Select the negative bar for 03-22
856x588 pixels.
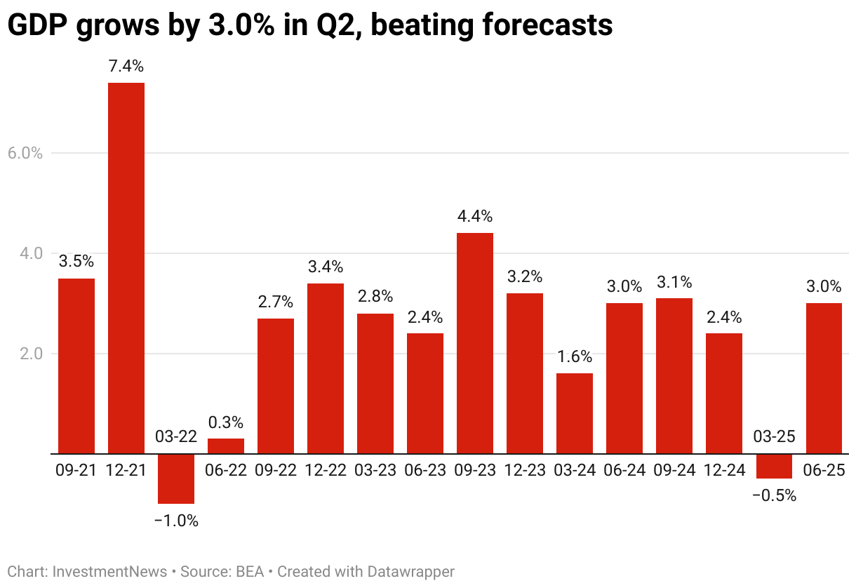click(176, 479)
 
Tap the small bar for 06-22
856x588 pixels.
click(226, 446)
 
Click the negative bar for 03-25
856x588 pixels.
click(775, 466)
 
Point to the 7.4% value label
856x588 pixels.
click(126, 67)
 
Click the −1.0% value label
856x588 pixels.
click(176, 521)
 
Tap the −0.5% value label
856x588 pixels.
click(775, 495)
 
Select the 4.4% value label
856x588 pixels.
click(475, 216)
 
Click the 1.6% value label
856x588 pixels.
click(575, 356)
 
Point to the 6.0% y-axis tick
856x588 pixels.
click(26, 153)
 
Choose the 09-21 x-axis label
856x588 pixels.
click(76, 470)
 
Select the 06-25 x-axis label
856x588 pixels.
click(824, 470)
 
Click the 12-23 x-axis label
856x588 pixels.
click(525, 470)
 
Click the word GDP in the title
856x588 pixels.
click(36, 25)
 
